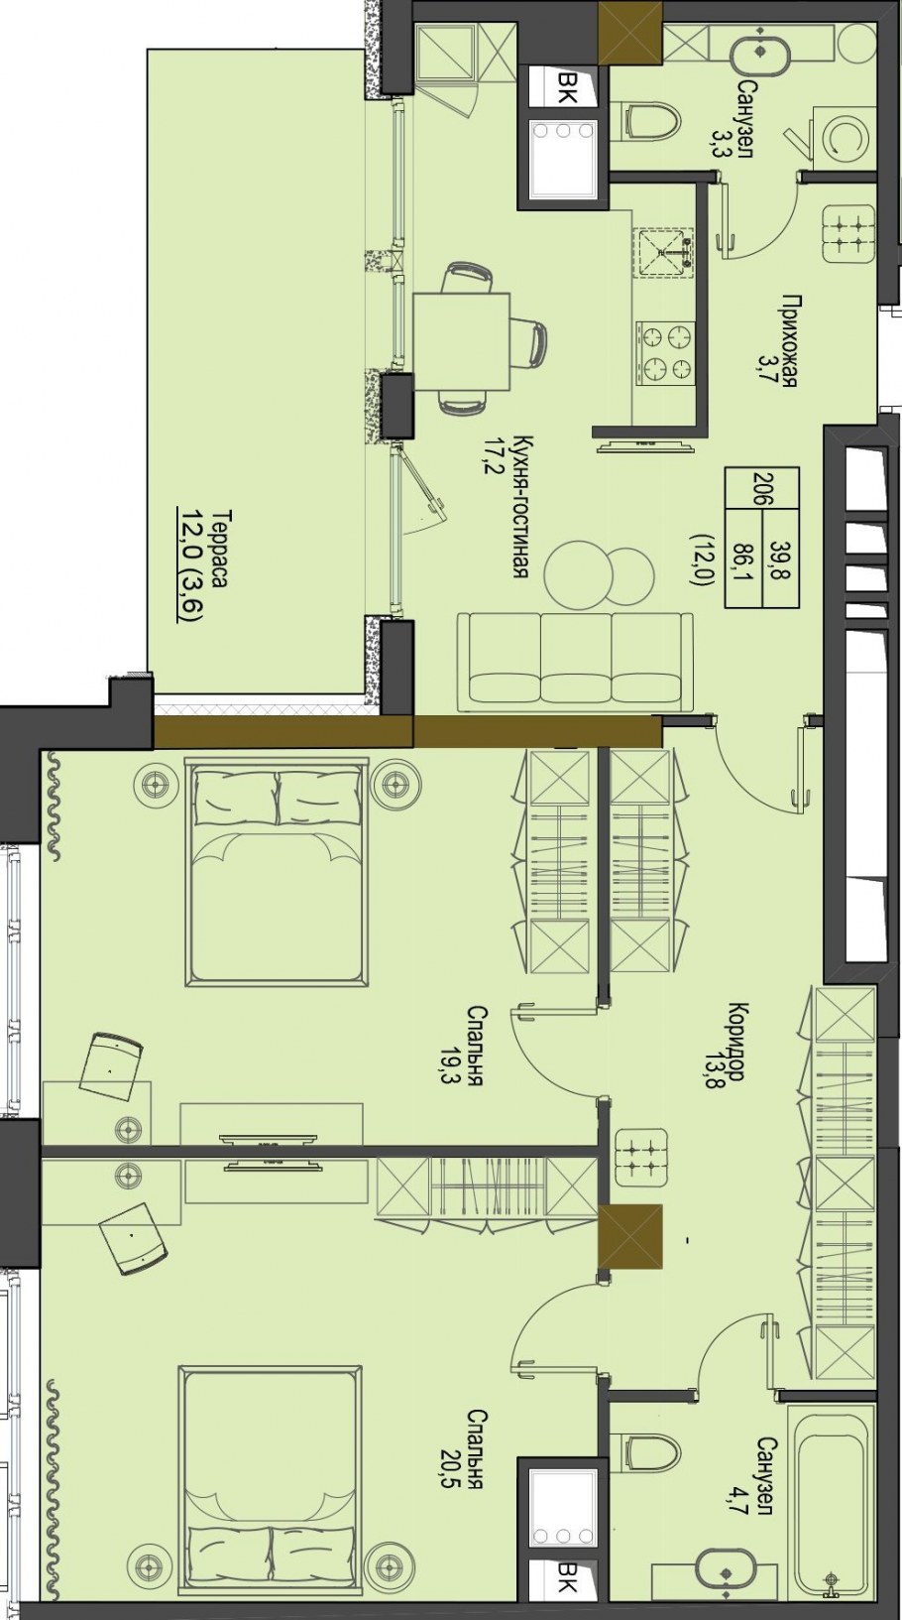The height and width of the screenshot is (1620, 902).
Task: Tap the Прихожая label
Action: pyautogui.click(x=789, y=340)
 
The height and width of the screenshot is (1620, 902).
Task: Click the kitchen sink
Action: pyautogui.click(x=664, y=252)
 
